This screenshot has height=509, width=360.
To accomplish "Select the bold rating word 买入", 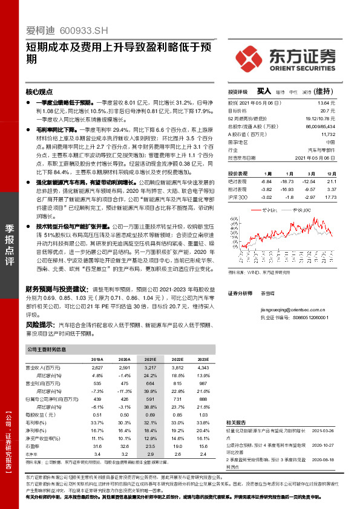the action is coord(264,91).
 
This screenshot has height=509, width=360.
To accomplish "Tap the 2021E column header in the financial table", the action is coord(150,358).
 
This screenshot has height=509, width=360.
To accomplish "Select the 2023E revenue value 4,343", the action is coord(202,367).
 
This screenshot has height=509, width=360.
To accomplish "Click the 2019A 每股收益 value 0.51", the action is coord(98,415).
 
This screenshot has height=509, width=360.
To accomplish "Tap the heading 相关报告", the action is coord(236,422).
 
